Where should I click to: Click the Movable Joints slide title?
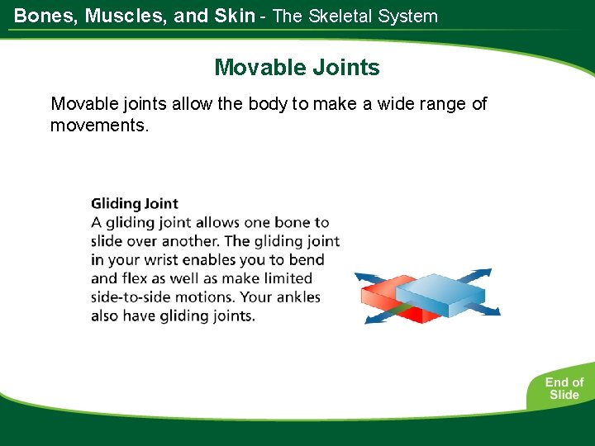pos(297,67)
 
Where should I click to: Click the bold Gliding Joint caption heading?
pos(135,203)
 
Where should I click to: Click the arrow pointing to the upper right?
pos(474,276)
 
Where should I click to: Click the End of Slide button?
pos(564,388)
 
